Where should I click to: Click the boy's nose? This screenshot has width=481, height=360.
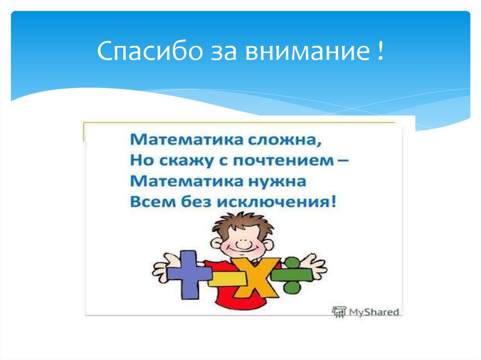point(242,244)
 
